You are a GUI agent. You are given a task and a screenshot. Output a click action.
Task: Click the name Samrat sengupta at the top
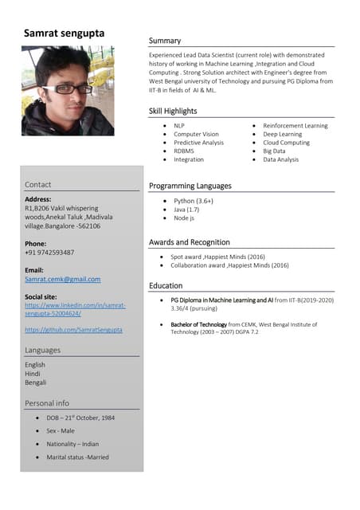[x=64, y=33]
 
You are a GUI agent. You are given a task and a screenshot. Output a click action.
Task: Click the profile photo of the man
[x=68, y=89]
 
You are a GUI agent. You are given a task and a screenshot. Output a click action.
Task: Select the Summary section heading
[x=165, y=41]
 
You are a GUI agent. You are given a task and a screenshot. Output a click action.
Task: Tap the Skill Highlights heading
[x=173, y=111]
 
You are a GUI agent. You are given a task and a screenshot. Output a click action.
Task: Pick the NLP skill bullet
[x=178, y=126]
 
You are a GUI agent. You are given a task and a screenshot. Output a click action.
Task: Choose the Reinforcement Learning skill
[x=295, y=126]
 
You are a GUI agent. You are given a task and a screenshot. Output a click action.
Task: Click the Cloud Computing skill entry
[x=286, y=143]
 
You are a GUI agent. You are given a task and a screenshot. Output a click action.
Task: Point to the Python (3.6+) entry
[x=194, y=201]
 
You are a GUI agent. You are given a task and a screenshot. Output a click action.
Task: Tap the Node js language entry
[x=184, y=218]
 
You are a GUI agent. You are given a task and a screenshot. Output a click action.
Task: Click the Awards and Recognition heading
[x=190, y=241]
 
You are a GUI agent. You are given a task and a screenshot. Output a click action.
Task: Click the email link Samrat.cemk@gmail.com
[x=63, y=280]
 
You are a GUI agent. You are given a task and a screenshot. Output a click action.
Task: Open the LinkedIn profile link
[x=64, y=309]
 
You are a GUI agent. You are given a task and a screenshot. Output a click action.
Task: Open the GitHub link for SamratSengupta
[x=73, y=329]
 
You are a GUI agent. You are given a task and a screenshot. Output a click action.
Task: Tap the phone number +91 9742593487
[x=49, y=253]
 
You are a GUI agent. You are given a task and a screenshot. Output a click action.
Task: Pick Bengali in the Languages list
[x=36, y=382]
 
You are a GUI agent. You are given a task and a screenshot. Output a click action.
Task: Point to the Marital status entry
[x=77, y=457]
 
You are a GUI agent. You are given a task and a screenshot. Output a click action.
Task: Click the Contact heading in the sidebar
[x=37, y=185]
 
